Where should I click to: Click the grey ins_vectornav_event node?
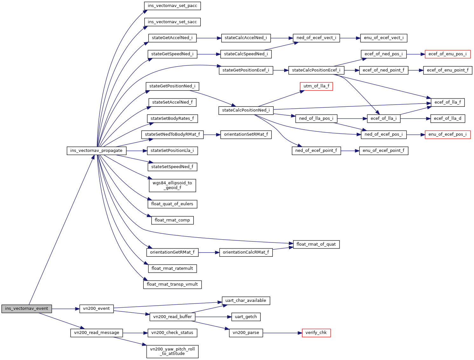(27, 309)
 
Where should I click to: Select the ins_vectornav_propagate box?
(96, 151)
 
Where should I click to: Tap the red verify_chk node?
(316, 333)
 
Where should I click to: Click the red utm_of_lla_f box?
(316, 86)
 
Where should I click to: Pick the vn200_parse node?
(246, 333)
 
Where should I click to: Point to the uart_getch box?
(246, 317)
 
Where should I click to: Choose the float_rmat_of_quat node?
(316, 244)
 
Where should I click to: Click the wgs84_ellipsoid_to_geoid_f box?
(172, 185)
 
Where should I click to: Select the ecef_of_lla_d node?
(447, 119)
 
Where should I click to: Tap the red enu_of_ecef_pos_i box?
(447, 134)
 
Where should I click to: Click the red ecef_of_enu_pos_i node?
(447, 54)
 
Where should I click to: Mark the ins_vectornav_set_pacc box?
(172, 6)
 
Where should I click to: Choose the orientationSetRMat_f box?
(246, 134)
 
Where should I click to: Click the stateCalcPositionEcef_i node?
(316, 70)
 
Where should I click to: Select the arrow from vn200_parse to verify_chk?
(282, 333)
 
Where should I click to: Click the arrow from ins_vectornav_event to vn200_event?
(65, 309)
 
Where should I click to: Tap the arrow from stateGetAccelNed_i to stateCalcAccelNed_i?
(209, 38)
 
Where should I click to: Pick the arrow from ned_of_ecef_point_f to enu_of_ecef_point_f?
(350, 151)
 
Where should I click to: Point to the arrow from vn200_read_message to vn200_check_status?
(135, 333)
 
